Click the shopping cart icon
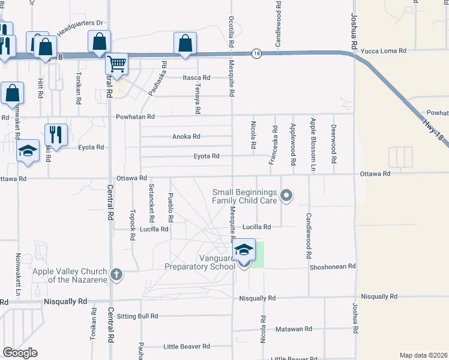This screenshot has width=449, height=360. (x=116, y=63)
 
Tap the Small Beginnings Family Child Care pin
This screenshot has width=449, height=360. (x=286, y=195)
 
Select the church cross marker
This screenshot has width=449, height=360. (x=116, y=275)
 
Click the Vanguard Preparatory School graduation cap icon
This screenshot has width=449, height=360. (x=244, y=249)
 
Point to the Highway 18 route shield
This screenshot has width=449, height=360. (x=256, y=53)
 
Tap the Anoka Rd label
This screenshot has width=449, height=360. (x=186, y=136)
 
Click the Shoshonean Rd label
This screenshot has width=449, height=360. (x=333, y=266)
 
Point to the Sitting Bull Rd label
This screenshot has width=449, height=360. (x=137, y=316)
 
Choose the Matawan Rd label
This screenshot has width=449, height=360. (x=294, y=329)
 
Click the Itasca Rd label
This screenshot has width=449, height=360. (x=196, y=78)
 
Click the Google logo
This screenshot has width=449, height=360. (x=20, y=353)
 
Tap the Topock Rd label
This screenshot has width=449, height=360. (x=132, y=225)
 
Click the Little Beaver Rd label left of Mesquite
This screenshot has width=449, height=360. (x=187, y=346)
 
